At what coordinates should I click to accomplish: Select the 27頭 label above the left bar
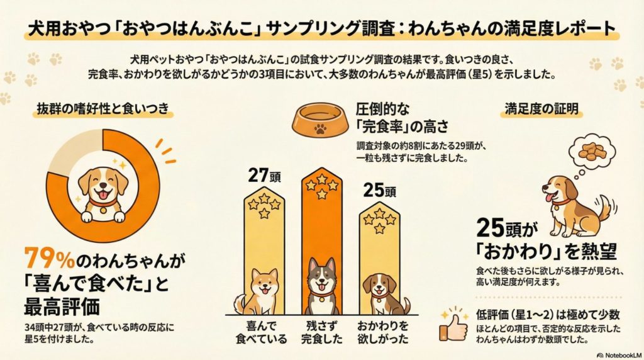pyautogui.click(x=263, y=176)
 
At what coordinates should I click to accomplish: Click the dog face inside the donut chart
pyautogui.click(x=103, y=186)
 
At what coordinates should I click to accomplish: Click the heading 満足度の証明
pyautogui.click(x=533, y=108)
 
